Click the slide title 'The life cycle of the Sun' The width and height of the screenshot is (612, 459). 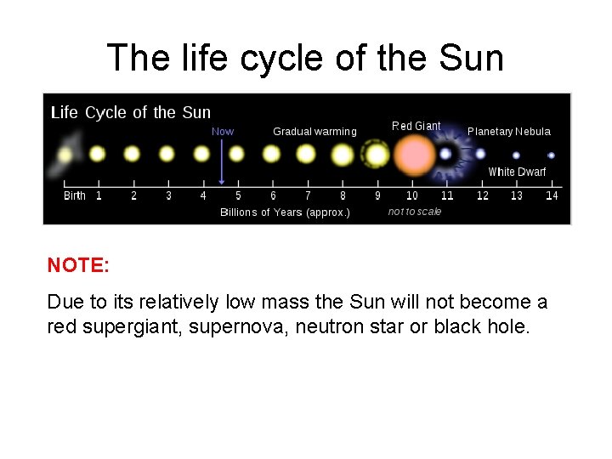click(x=305, y=58)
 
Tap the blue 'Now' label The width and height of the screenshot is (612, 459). click(x=223, y=131)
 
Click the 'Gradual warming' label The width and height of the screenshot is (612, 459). click(x=314, y=131)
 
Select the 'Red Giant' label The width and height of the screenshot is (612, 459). click(x=416, y=126)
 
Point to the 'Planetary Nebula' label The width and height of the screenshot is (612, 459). click(x=508, y=131)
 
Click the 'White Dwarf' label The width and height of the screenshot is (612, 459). click(x=517, y=172)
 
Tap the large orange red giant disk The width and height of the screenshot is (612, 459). click(x=415, y=156)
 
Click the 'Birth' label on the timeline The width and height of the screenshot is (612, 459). click(x=75, y=195)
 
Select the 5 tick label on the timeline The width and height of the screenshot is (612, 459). click(x=238, y=195)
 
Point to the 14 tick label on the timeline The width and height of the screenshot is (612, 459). click(x=552, y=195)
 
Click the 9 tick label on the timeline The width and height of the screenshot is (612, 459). click(x=377, y=195)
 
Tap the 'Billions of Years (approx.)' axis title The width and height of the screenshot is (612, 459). click(x=285, y=212)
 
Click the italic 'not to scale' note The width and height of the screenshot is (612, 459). click(x=415, y=212)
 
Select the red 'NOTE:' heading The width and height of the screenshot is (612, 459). click(x=78, y=265)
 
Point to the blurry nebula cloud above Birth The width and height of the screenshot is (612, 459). click(x=65, y=154)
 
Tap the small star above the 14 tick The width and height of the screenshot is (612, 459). click(x=551, y=156)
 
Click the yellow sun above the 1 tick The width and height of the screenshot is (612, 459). click(x=97, y=154)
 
